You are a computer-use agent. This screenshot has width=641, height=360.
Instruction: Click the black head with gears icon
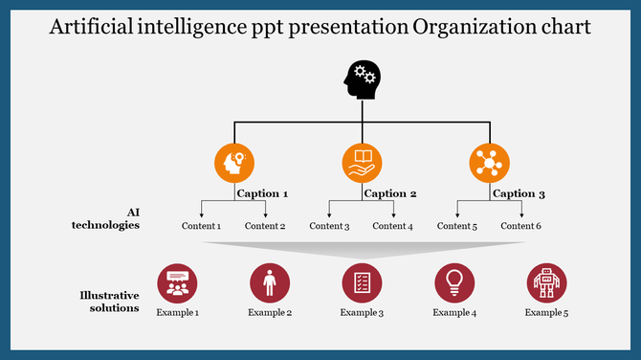click(x=362, y=79)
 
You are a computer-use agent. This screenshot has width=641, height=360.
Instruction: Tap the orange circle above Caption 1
click(x=234, y=163)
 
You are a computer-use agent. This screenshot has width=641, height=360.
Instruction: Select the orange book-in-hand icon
click(x=362, y=163)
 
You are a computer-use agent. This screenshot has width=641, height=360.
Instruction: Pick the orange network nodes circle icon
click(x=490, y=163)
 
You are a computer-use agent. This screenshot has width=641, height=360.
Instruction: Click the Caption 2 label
click(x=390, y=193)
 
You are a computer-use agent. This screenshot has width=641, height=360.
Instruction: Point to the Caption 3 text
click(x=519, y=193)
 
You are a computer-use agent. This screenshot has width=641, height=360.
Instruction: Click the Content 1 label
click(x=201, y=226)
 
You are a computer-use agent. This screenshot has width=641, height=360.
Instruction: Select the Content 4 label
click(x=392, y=226)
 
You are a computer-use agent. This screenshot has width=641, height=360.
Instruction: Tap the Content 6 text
click(x=520, y=226)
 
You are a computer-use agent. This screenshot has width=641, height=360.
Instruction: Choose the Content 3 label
click(x=329, y=226)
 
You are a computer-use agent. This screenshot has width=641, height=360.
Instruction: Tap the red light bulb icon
click(x=454, y=283)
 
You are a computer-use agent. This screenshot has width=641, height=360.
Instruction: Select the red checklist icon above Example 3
click(x=362, y=283)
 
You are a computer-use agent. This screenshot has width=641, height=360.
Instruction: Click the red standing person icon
click(x=270, y=283)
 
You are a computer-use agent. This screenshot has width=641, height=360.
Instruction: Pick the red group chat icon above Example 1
click(x=177, y=283)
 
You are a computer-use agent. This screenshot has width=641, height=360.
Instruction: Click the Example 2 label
click(x=270, y=313)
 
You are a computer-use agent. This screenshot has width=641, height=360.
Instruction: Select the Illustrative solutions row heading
click(x=109, y=302)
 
